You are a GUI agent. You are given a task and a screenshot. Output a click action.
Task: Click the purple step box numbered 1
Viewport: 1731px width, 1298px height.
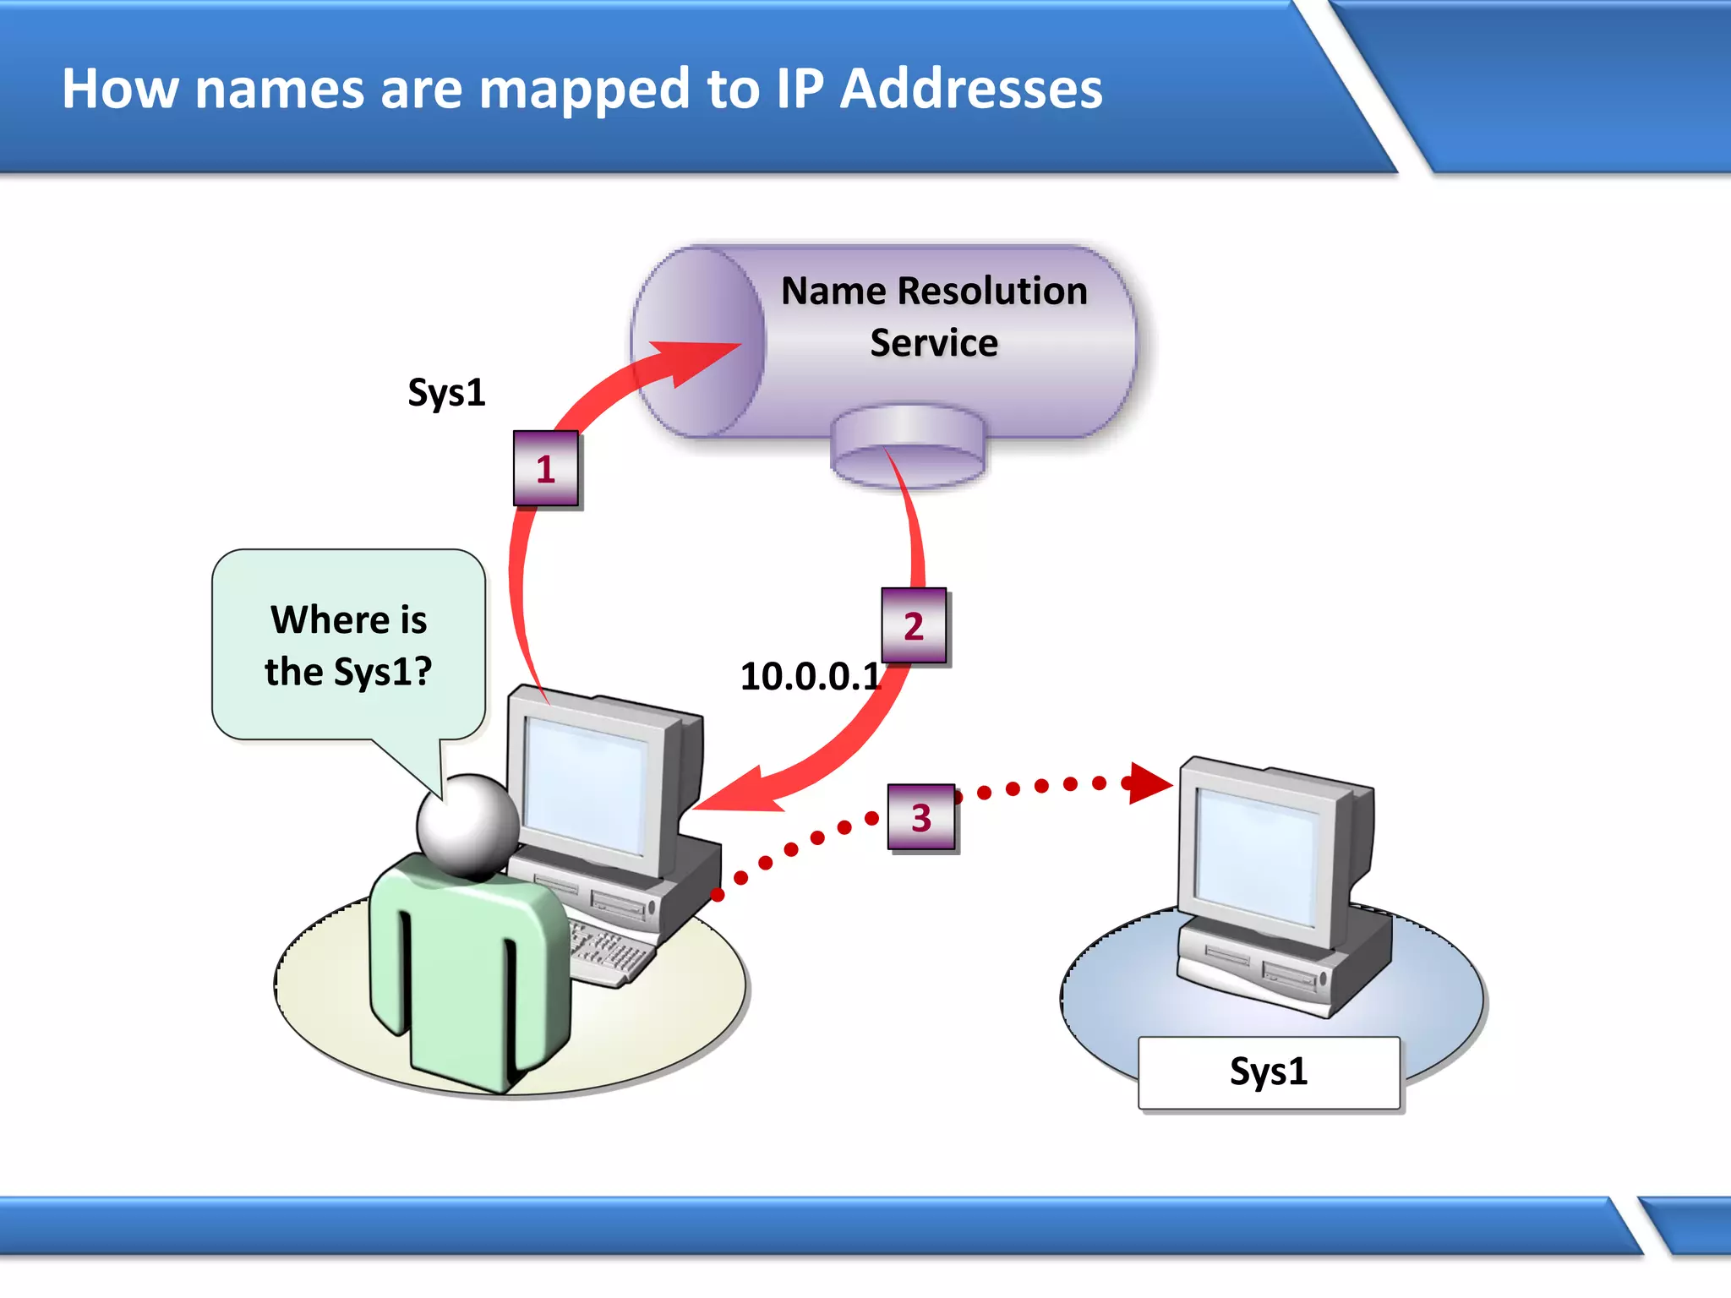[546, 468]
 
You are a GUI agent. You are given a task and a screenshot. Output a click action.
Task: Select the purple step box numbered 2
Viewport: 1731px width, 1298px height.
[914, 625]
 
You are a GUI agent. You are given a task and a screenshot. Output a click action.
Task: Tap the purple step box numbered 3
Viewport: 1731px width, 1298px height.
[921, 817]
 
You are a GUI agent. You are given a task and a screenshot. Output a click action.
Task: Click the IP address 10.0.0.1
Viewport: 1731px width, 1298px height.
[810, 676]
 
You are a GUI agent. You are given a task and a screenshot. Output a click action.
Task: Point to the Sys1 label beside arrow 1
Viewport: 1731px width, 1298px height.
[446, 392]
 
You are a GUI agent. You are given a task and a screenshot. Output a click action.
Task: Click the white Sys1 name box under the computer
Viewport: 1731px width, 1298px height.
[1268, 1072]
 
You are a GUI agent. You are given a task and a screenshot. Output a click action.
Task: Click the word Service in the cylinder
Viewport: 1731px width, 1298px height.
[934, 343]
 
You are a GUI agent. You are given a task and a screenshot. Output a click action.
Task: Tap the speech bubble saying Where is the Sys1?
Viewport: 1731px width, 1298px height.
[348, 646]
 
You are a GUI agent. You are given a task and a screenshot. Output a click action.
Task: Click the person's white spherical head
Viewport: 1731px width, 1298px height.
[467, 824]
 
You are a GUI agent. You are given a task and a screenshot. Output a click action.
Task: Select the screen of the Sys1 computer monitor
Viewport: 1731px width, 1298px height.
[1256, 854]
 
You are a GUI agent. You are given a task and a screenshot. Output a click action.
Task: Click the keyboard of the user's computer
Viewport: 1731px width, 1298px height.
[609, 951]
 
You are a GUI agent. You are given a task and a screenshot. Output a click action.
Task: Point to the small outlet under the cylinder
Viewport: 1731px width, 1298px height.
[908, 448]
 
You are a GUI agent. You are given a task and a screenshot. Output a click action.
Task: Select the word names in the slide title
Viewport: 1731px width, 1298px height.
[280, 88]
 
